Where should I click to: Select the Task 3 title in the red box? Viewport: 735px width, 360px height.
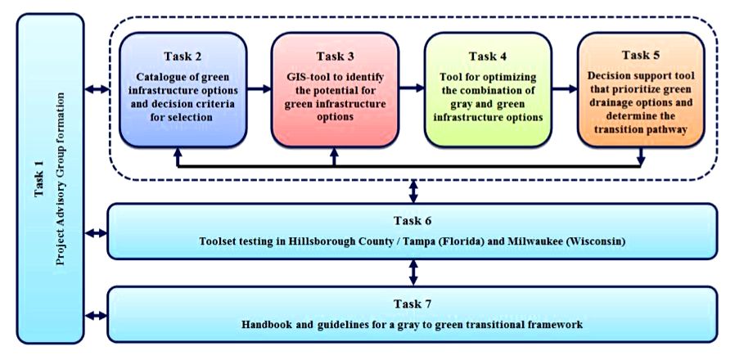(x=335, y=56)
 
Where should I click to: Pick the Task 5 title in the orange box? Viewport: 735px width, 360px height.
(x=640, y=55)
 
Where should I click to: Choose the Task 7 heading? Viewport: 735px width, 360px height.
(x=413, y=304)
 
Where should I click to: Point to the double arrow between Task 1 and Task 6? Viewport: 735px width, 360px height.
(x=96, y=233)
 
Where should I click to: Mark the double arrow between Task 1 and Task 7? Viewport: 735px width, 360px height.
(x=96, y=316)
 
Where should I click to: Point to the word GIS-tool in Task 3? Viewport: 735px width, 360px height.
(x=303, y=76)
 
